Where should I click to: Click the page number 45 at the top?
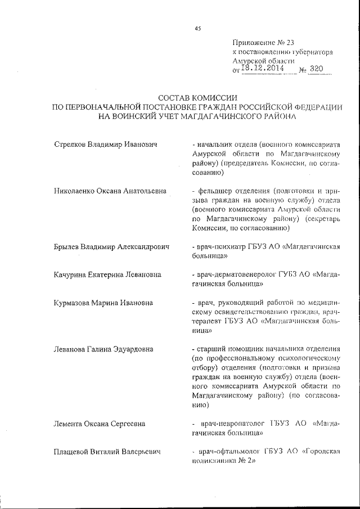coord(197,29)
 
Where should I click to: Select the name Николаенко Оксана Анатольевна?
coord(110,191)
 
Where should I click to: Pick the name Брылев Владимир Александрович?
coord(112,247)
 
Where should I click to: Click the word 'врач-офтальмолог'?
coord(225,451)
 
